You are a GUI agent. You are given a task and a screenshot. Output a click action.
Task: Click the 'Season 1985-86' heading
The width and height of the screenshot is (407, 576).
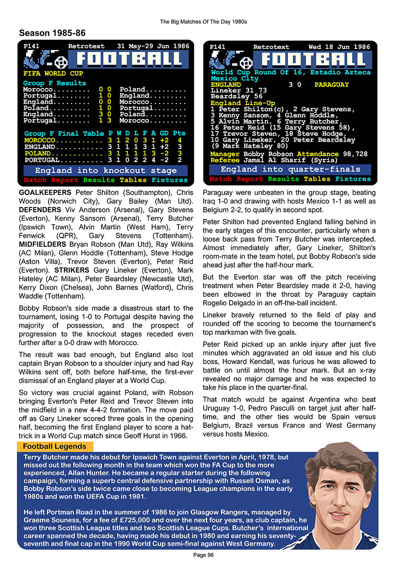(x=52, y=33)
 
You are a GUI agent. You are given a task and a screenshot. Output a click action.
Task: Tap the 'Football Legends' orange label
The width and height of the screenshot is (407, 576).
(x=55, y=446)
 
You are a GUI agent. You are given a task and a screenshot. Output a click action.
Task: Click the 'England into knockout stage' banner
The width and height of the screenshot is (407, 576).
(x=106, y=170)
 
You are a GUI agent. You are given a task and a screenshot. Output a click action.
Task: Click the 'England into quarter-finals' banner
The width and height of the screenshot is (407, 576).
(x=290, y=169)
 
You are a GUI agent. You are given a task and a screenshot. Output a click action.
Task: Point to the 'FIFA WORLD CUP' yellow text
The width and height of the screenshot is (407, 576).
(x=53, y=73)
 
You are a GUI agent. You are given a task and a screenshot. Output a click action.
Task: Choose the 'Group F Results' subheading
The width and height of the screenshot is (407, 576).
(x=55, y=83)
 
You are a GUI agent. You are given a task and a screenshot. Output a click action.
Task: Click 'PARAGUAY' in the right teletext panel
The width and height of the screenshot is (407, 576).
(x=331, y=85)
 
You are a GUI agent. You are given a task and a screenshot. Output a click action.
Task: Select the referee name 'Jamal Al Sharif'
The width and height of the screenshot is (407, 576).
(x=271, y=160)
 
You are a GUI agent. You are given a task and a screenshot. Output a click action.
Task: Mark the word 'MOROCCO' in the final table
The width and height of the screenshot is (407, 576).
(x=40, y=140)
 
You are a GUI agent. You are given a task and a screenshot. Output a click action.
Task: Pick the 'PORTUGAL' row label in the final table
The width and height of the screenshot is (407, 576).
(x=42, y=160)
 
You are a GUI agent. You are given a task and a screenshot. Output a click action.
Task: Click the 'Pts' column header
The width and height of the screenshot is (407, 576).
(x=179, y=134)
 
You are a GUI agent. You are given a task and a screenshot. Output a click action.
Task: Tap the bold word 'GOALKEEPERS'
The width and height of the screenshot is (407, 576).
(x=45, y=193)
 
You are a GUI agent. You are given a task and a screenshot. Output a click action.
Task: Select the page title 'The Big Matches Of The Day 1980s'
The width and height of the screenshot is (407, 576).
(x=203, y=21)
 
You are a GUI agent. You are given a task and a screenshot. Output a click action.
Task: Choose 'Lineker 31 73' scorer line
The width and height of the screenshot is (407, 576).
(x=238, y=90)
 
